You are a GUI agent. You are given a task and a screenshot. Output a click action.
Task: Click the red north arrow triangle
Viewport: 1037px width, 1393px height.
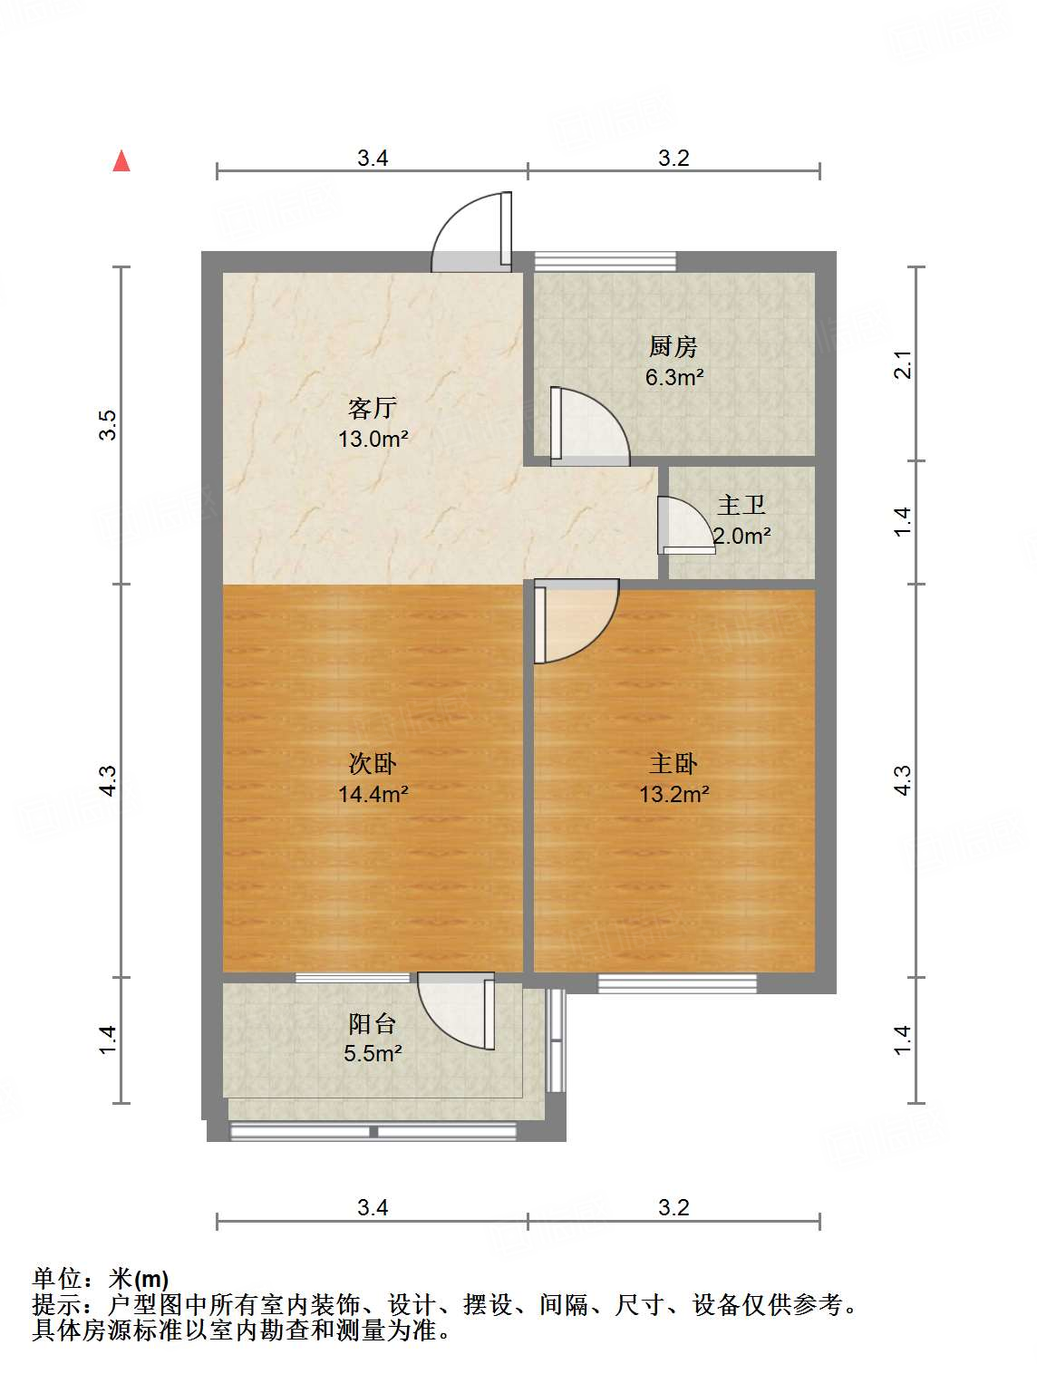(121, 161)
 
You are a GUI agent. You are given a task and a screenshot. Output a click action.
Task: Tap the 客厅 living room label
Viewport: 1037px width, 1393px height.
(373, 408)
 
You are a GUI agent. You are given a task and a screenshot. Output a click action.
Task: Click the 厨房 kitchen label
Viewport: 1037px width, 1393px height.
(674, 346)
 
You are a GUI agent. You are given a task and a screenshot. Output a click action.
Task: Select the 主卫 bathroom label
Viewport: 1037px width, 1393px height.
(741, 505)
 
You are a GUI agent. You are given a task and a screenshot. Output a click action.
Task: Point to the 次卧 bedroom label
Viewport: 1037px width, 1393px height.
(373, 764)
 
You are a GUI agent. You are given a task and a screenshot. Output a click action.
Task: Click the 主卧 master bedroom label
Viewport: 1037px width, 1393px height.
(674, 764)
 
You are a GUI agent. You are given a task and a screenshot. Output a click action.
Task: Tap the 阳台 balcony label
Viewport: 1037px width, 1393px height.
(373, 1024)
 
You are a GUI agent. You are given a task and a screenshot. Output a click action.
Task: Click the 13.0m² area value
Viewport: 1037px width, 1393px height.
(373, 440)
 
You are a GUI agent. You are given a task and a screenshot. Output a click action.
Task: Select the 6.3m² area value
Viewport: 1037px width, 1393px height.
(674, 377)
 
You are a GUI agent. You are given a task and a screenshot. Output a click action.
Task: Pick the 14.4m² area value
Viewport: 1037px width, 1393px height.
(373, 795)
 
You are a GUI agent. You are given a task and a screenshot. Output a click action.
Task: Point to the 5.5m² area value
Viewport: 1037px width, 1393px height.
(373, 1054)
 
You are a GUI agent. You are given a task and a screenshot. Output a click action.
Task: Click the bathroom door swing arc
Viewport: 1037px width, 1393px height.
(684, 525)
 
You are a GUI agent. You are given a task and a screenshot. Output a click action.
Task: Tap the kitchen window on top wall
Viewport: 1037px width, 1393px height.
(605, 261)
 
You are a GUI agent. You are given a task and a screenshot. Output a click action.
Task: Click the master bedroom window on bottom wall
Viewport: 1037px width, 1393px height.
(677, 983)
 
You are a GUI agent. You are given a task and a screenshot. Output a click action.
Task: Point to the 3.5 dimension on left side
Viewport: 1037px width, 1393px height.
(108, 425)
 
